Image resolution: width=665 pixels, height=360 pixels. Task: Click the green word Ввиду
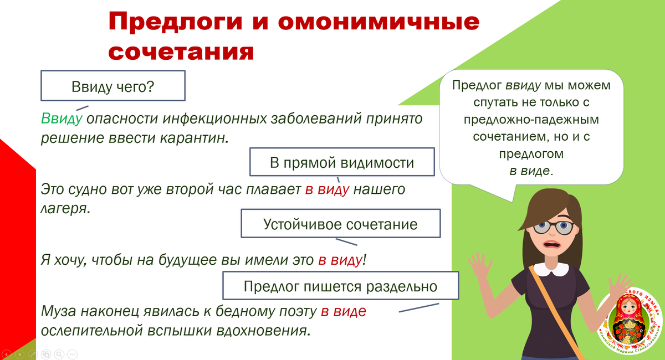coord(62,119)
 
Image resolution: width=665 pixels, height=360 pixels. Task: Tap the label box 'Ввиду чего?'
coord(112,87)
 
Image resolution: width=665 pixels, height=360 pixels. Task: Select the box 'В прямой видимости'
coord(341,162)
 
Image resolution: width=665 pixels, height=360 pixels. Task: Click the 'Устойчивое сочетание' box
coord(340,224)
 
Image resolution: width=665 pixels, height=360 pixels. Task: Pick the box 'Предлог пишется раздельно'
coord(340,286)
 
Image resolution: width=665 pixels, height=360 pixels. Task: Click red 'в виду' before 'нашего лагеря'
coord(327,189)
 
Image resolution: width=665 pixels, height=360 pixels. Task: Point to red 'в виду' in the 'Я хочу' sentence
coord(339,260)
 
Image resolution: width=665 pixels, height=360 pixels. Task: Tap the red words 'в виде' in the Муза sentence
coord(343,311)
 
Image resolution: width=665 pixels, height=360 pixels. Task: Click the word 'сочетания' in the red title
coord(181,52)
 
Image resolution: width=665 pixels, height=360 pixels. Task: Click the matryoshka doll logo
coord(630,318)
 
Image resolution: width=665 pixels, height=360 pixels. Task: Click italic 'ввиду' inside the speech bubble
coord(523,86)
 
